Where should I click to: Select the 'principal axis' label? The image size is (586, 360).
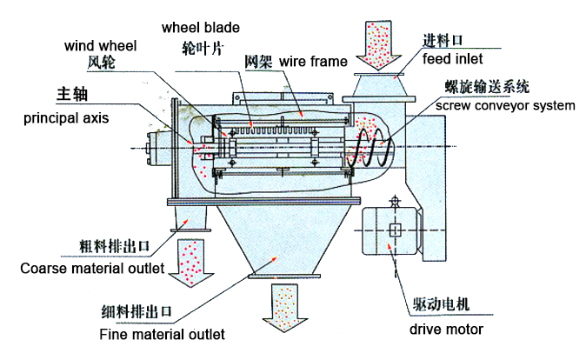coord(64,117)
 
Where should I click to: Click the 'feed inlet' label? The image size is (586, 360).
coord(449,59)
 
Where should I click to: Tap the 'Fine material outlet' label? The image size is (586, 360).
coord(162,333)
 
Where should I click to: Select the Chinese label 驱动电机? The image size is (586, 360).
coord(441,303)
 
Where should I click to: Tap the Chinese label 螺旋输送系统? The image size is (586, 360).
coord(488,87)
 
